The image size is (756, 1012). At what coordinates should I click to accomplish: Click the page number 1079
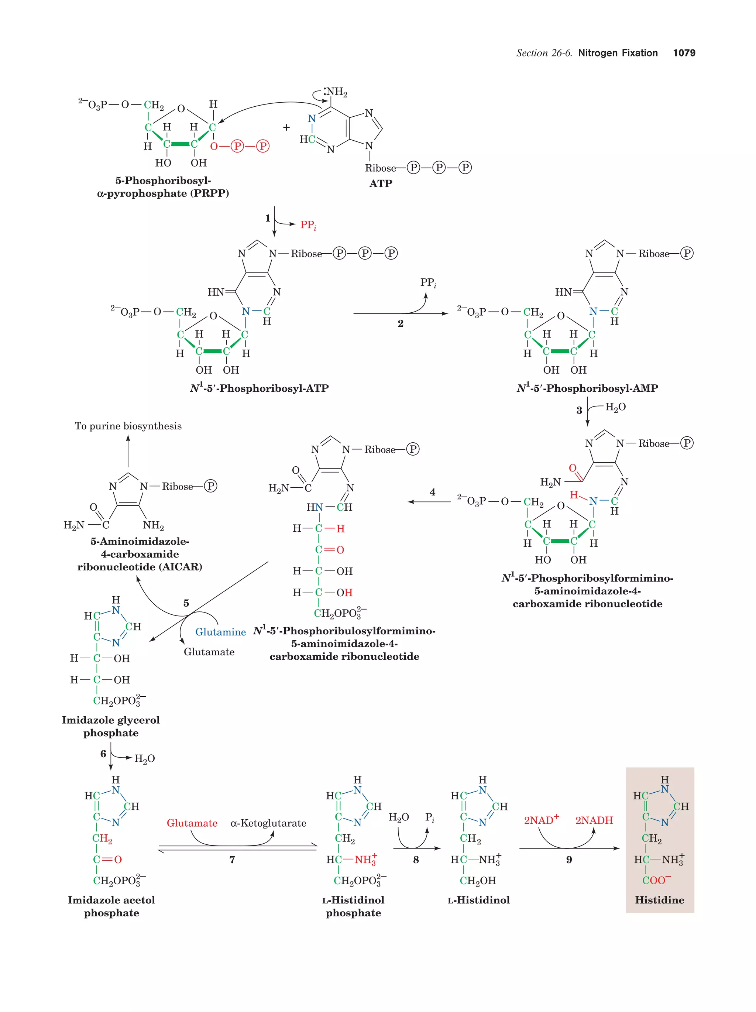(684, 53)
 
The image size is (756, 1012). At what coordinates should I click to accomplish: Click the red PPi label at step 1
(308, 225)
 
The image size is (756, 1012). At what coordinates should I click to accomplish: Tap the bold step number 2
(400, 324)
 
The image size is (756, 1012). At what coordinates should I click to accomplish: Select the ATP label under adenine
(381, 183)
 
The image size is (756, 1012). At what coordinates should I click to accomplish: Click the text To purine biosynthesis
(128, 426)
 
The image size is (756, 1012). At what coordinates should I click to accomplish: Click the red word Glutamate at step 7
(192, 823)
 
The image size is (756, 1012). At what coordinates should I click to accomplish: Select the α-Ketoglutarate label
(268, 823)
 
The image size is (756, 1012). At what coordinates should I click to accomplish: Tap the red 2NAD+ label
(541, 820)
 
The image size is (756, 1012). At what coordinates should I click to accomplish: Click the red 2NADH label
(594, 820)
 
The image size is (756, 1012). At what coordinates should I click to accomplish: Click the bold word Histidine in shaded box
(660, 900)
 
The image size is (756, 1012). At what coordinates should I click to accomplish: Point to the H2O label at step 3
(615, 407)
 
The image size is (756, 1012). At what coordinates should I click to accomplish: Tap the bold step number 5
(186, 603)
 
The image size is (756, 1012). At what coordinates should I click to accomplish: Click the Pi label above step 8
(429, 817)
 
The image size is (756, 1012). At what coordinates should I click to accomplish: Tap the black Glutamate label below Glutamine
(209, 652)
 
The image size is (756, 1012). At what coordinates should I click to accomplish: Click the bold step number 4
(432, 492)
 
